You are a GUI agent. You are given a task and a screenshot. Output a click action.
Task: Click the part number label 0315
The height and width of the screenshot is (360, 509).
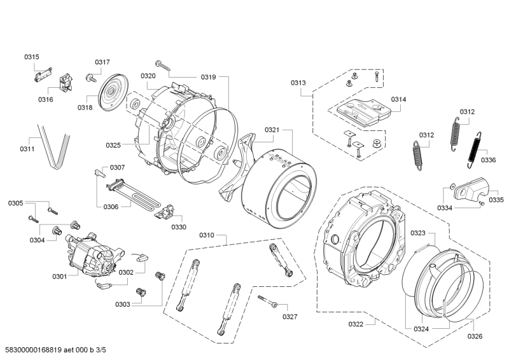[32, 57]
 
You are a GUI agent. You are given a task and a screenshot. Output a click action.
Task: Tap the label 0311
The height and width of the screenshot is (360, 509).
[27, 149]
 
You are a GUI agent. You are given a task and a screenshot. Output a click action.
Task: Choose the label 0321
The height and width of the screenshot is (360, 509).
[272, 130]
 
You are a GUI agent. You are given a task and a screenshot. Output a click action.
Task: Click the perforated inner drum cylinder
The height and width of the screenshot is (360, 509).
[280, 184]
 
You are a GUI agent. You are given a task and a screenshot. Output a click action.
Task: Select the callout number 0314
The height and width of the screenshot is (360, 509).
[399, 100]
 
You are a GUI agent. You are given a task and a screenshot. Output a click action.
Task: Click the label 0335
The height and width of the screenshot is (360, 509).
[496, 200]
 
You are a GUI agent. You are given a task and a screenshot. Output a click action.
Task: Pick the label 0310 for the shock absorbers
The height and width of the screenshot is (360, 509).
[207, 235]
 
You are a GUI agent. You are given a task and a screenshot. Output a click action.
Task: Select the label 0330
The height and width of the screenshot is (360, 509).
[179, 227]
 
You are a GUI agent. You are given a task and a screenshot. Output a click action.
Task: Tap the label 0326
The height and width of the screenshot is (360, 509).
[475, 336]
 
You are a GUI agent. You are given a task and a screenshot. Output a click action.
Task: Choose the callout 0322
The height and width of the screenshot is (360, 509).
[356, 324]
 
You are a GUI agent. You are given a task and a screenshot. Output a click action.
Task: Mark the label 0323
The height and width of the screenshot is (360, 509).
[418, 233]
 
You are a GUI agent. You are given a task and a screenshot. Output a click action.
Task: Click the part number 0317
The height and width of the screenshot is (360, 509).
[102, 62]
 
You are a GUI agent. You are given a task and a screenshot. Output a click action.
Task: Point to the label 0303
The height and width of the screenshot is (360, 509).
[123, 304]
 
